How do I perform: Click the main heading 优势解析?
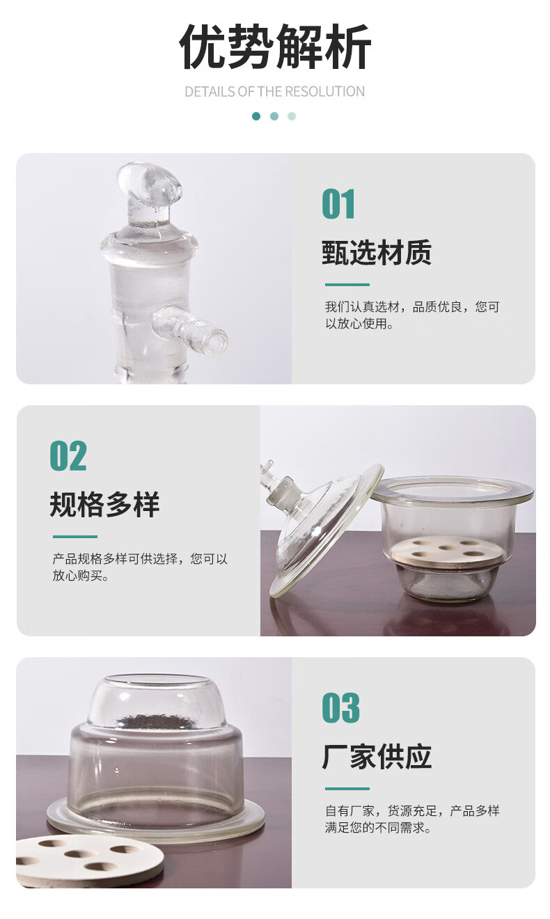275,47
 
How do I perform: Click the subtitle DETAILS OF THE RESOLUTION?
275,91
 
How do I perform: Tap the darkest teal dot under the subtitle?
256,116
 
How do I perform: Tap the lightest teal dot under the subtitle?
292,116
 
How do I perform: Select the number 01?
338,204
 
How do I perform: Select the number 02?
68,456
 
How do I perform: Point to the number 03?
341,708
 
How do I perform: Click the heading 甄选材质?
377,252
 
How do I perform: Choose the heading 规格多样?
104,504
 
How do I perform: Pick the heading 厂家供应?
377,756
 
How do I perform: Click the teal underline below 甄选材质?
347,284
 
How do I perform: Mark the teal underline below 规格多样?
75,536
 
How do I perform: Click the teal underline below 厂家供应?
347,788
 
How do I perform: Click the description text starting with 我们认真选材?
411,315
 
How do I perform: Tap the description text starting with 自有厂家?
411,819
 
